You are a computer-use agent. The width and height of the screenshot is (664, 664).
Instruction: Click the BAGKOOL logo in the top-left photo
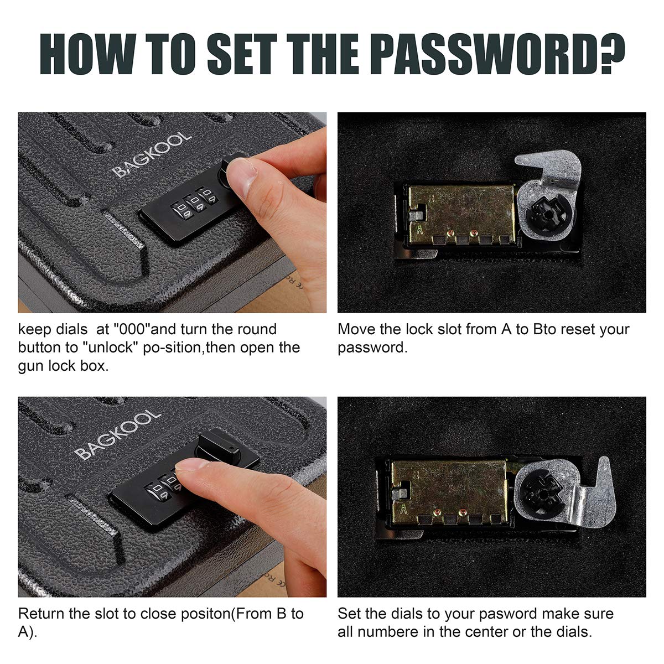pos(152,154)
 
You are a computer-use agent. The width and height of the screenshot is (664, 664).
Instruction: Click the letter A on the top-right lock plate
pos(419,230)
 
